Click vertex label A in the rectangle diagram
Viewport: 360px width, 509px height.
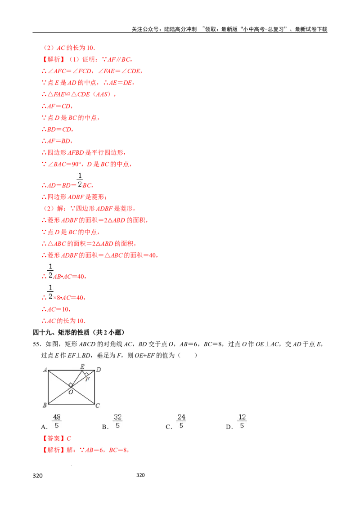coord(45,370)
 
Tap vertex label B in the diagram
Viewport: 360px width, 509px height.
coord(45,405)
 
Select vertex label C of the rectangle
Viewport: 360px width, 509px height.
coord(97,406)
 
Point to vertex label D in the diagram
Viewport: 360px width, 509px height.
coord(98,370)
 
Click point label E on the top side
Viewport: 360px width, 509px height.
coord(82,366)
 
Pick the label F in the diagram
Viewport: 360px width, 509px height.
coord(87,379)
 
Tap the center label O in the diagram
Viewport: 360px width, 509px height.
coord(70,392)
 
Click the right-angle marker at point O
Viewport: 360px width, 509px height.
coord(71,385)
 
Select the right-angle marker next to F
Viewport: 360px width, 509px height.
coord(85,374)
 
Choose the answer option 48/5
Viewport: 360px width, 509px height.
coord(57,421)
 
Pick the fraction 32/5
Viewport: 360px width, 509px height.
coord(118,421)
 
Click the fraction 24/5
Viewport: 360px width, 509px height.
coord(181,421)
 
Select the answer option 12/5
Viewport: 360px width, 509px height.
coord(242,421)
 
